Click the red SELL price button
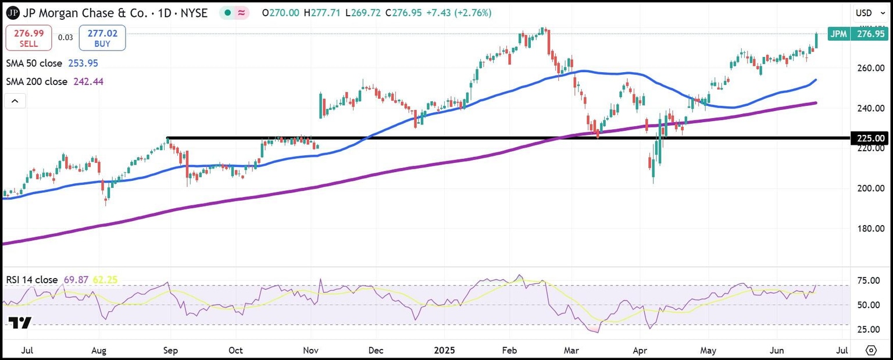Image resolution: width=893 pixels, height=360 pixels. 28,38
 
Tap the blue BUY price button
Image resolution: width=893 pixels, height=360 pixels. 102,38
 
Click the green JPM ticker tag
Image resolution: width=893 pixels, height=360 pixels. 838,34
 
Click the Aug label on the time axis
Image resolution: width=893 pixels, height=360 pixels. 98,351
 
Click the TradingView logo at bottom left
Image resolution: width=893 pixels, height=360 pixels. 20,323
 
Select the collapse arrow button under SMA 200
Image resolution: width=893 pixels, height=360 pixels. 15,102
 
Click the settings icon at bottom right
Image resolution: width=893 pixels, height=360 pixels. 870,351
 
